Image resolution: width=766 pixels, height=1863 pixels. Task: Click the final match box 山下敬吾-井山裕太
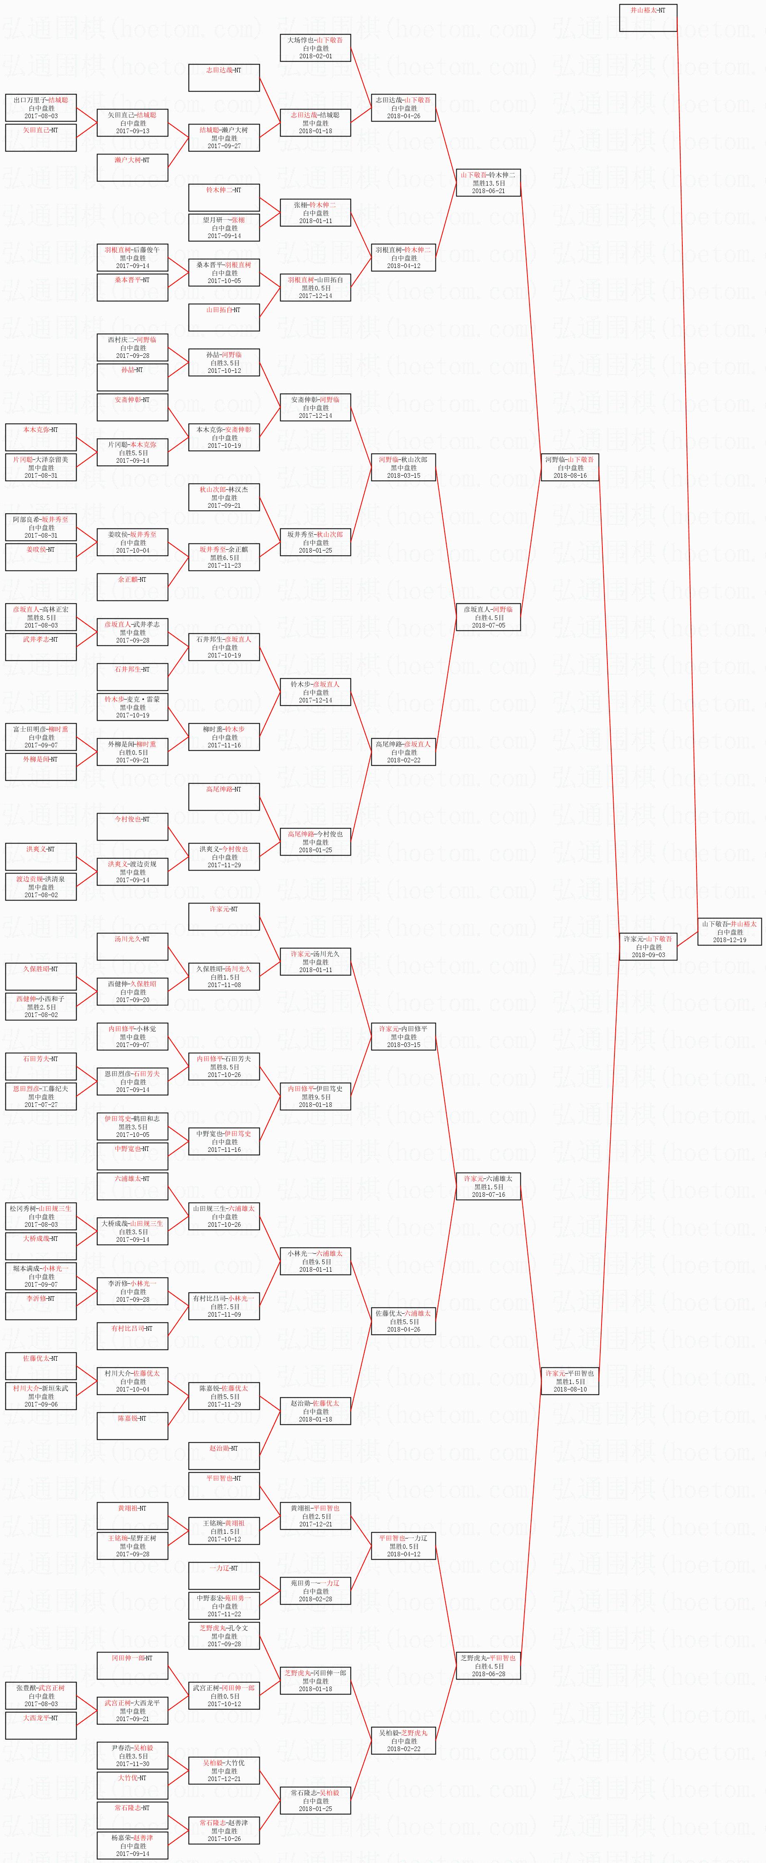(729, 931)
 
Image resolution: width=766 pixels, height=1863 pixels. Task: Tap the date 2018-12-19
(729, 940)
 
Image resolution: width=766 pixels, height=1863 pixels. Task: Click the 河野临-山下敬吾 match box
(570, 467)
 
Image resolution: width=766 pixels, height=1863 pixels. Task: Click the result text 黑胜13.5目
(488, 183)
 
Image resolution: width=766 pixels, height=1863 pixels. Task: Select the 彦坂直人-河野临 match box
(488, 617)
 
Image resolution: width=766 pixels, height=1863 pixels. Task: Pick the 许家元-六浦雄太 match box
(488, 1186)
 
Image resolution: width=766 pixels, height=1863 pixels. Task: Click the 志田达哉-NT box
(224, 77)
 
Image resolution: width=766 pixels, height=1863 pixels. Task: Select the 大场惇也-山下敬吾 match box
(316, 48)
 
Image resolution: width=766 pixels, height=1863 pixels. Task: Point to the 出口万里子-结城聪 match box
(40, 108)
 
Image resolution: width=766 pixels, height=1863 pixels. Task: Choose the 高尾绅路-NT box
(224, 796)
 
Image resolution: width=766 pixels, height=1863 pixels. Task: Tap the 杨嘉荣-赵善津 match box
(132, 1846)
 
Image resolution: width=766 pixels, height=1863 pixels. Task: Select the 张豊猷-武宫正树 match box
(40, 1696)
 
